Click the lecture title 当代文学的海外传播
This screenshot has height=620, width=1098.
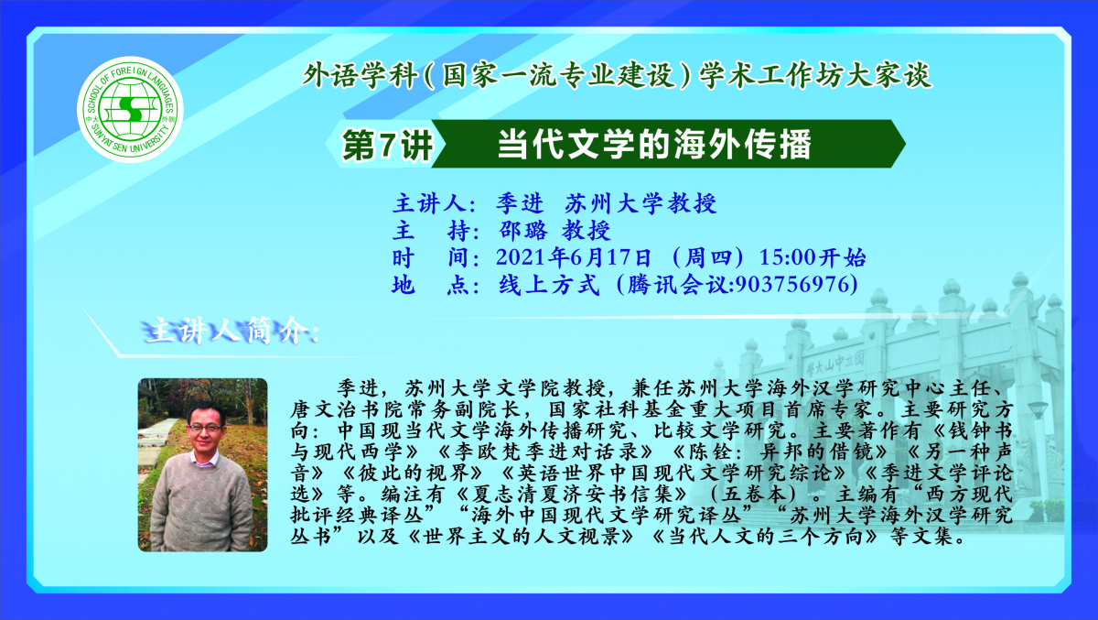[655, 145]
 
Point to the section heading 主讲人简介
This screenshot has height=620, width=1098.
[230, 332]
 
